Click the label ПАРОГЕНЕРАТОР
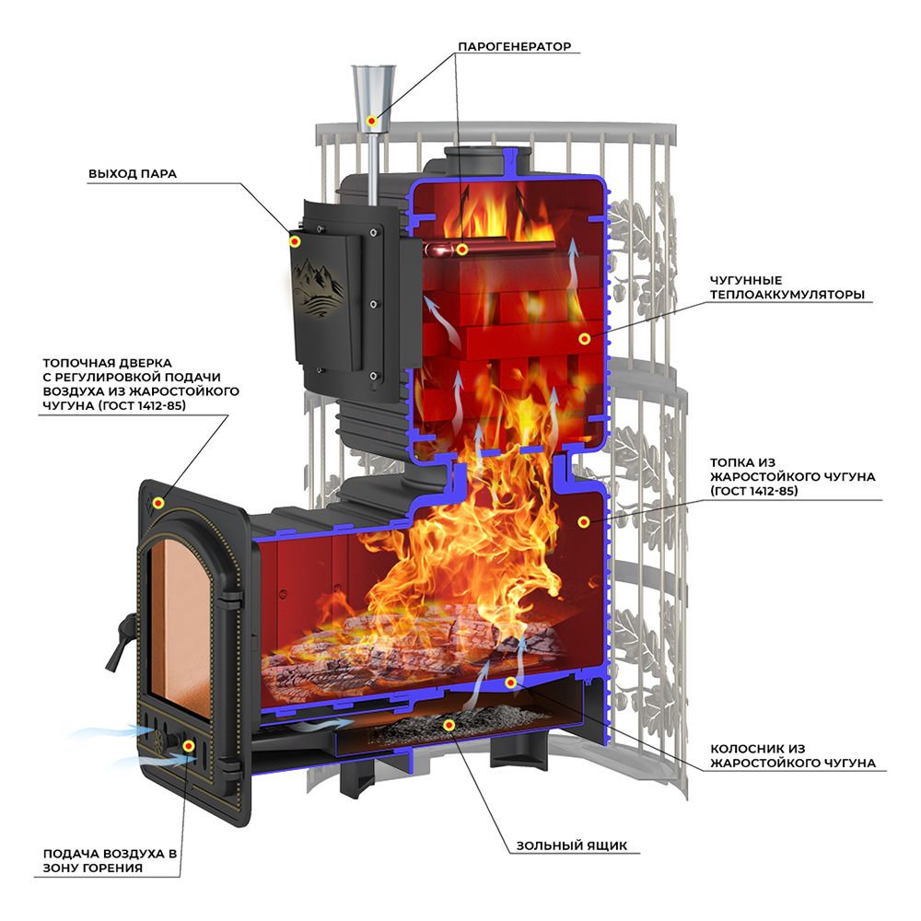(x=514, y=46)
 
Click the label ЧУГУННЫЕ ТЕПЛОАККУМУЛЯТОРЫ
(x=787, y=287)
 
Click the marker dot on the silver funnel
(x=372, y=121)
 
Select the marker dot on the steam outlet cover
(x=296, y=241)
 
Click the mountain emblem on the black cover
(x=320, y=282)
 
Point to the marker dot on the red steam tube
(x=462, y=250)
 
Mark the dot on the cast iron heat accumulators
(x=584, y=339)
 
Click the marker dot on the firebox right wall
(x=584, y=522)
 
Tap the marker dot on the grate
(x=511, y=682)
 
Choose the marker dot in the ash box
(x=449, y=724)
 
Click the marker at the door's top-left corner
(x=158, y=502)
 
